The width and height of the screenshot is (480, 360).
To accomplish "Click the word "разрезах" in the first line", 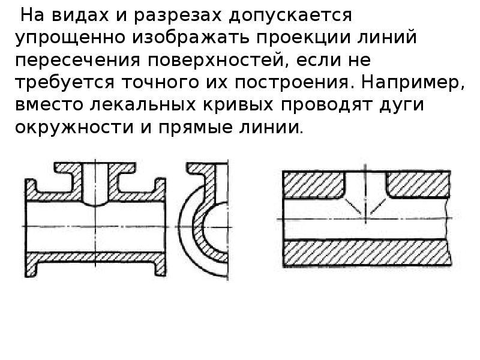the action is (x=177, y=16).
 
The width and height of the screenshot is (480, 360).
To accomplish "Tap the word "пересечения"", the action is (x=78, y=60).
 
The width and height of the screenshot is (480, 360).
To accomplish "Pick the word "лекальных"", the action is (x=142, y=104).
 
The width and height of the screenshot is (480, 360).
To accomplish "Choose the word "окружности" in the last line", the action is (x=74, y=127).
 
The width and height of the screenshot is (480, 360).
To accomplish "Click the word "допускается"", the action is (x=290, y=16).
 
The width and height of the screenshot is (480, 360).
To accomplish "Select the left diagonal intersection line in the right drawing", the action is (x=353, y=206).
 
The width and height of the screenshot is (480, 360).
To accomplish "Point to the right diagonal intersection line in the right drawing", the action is (x=378, y=207).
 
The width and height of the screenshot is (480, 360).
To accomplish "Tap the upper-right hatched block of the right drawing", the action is (x=418, y=184).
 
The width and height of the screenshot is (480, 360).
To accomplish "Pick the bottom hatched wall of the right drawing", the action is (x=367, y=253).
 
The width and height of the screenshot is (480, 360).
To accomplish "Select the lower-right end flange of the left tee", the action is (x=160, y=266).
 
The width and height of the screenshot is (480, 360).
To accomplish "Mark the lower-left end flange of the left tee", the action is (x=31, y=266).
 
